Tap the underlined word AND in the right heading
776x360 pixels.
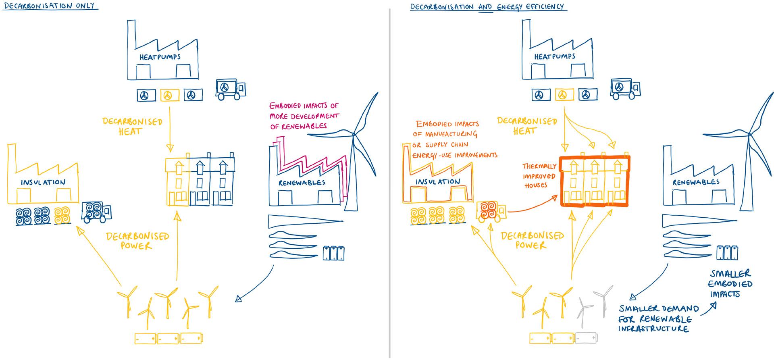coord(485,6)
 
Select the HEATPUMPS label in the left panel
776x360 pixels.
coord(160,57)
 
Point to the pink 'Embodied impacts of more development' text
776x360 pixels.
coord(304,116)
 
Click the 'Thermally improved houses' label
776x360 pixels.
coord(539,176)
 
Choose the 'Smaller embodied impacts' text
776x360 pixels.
coord(730,284)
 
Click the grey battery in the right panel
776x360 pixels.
coord(586,337)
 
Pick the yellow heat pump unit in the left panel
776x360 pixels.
coord(169,95)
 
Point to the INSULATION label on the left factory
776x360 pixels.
coord(43,182)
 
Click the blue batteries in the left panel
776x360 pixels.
coord(334,253)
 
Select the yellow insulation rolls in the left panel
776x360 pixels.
coord(62,215)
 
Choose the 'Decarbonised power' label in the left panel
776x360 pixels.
coord(137,241)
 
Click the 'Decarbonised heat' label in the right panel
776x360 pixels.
coord(527,126)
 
